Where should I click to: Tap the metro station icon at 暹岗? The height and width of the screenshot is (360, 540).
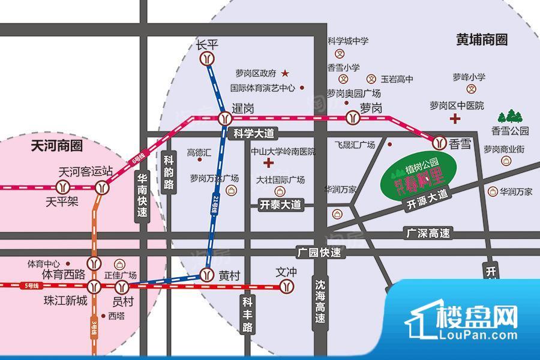coord(224,118)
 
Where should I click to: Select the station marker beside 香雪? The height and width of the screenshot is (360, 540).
coord(438,142)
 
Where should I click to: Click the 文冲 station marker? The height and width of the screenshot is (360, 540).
coord(287,286)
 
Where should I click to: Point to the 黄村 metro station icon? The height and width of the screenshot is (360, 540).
coord(206,275)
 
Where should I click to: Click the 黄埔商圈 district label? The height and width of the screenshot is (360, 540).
coord(481,40)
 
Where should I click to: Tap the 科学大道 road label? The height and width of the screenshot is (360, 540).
coord(253,133)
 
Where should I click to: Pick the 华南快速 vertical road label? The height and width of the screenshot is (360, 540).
coord(142,195)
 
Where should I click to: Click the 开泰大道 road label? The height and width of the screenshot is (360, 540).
coord(278,205)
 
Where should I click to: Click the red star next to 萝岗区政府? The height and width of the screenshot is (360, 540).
coord(285,73)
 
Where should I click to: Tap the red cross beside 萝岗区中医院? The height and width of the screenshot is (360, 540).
coord(457,119)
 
